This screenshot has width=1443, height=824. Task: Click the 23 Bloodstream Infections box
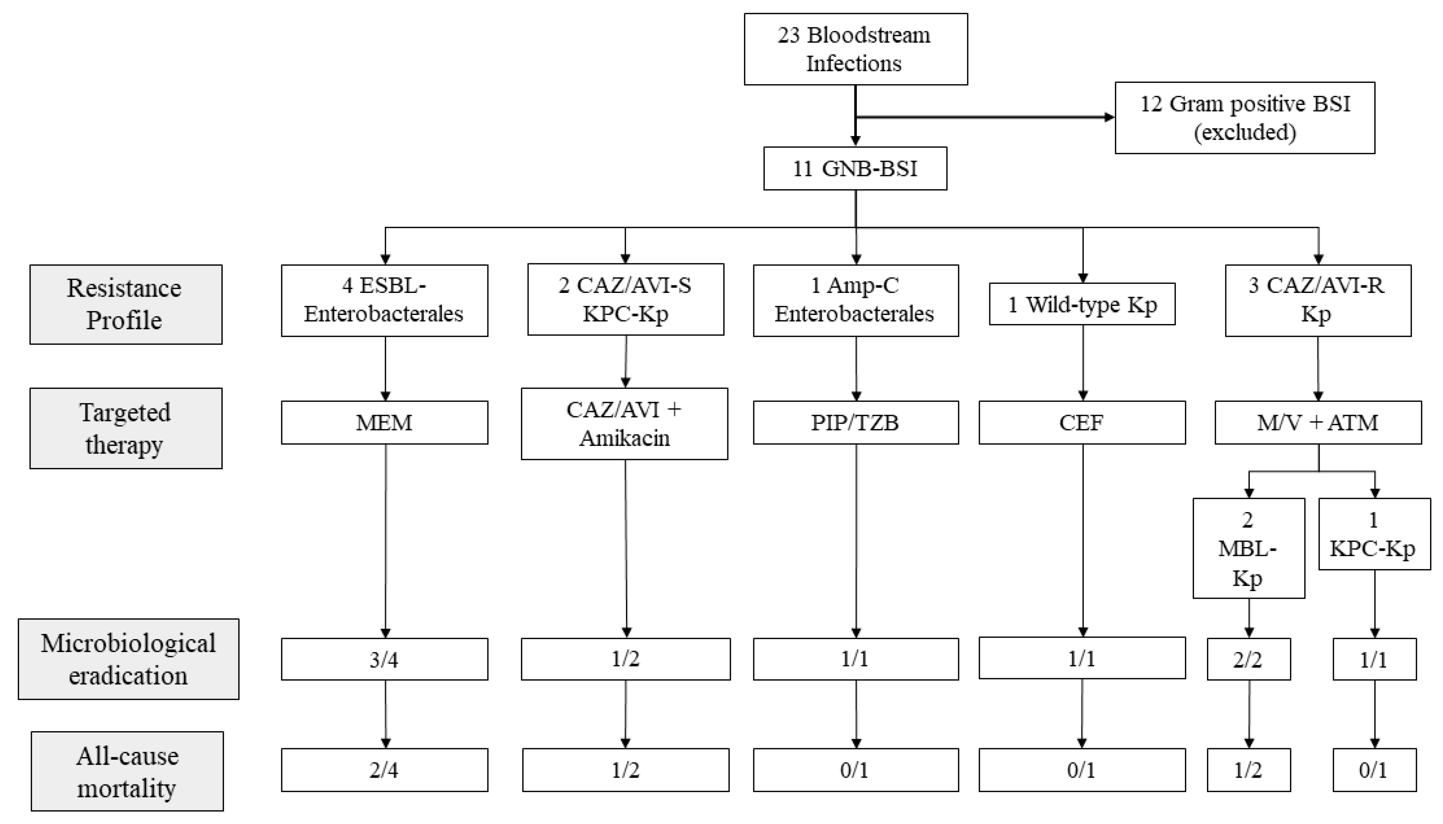[x=855, y=49]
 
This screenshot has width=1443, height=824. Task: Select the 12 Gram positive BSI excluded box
[x=1244, y=118]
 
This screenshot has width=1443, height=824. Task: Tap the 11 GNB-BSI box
[x=855, y=169]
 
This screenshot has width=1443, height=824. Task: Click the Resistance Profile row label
[x=126, y=304]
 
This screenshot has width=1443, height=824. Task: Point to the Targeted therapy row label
[x=126, y=428]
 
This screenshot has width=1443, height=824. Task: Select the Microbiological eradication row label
[x=129, y=659]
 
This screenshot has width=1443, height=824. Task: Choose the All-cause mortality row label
[x=128, y=772]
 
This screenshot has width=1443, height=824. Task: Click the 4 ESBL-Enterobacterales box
[x=384, y=301]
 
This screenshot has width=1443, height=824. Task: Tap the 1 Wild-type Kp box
[x=1082, y=304]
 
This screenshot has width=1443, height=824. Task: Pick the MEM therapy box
[x=384, y=423]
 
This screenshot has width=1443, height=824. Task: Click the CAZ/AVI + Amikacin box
[x=624, y=424]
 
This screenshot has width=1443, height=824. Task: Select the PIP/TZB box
[x=855, y=423]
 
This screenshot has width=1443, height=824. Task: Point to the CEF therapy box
[x=1082, y=423]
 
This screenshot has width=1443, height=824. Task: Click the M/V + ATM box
[x=1317, y=423]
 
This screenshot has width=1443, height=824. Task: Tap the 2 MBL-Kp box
[x=1248, y=548]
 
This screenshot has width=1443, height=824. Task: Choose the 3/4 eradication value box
[x=384, y=659]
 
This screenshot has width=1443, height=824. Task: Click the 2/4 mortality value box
[x=384, y=770]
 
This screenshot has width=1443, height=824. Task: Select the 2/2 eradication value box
[x=1248, y=659]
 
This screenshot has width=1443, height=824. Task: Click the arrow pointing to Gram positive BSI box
[x=985, y=118]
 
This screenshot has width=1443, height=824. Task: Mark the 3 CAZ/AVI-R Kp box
[x=1317, y=301]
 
